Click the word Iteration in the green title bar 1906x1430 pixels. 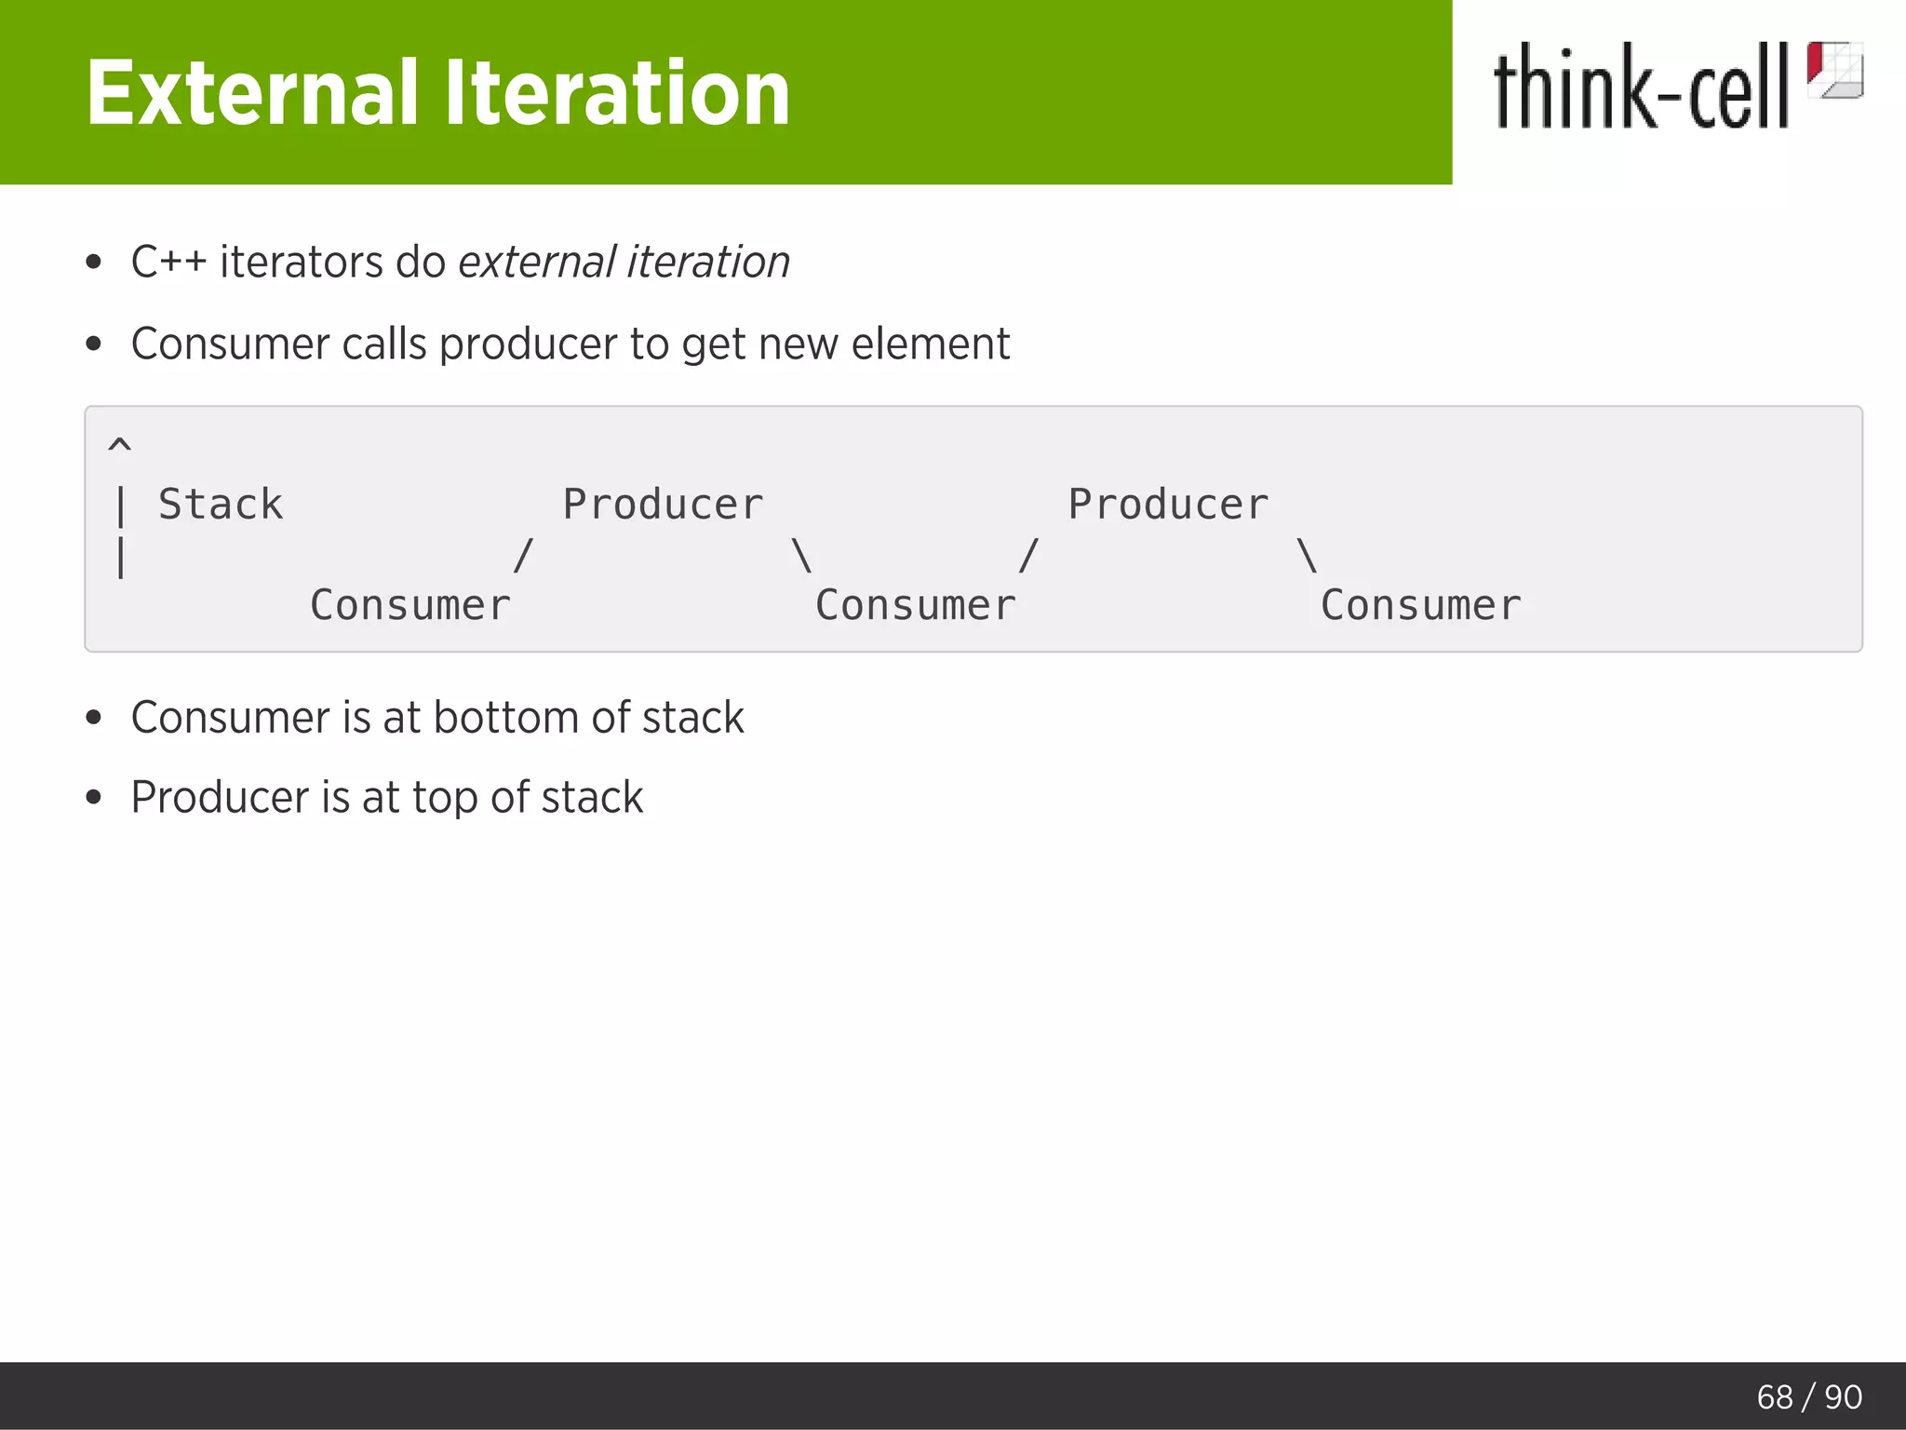click(615, 93)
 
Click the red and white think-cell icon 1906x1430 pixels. click(1834, 70)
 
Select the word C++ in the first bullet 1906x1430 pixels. click(168, 262)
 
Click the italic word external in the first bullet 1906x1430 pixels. click(536, 262)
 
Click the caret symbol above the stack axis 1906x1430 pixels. click(120, 444)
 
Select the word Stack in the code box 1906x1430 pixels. click(221, 505)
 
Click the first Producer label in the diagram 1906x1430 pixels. click(663, 505)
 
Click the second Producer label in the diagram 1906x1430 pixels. click(1168, 505)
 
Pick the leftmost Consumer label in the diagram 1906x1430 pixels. click(409, 605)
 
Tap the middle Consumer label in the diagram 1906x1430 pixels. click(915, 605)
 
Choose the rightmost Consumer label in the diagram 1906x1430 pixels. click(1420, 605)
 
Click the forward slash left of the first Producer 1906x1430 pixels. click(523, 556)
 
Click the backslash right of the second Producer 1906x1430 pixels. click(1307, 556)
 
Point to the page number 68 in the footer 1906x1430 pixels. click(1774, 1396)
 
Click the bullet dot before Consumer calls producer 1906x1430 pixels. click(93, 344)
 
